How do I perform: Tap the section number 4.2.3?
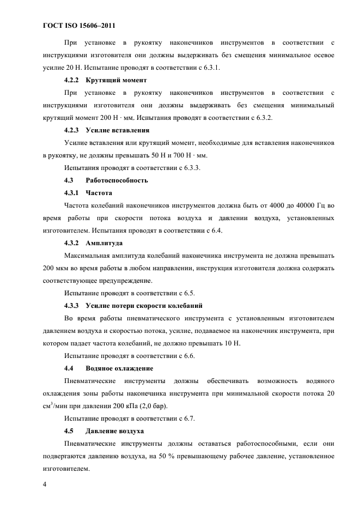(x=72, y=130)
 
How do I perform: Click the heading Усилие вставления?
(x=118, y=130)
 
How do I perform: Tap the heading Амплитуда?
(x=104, y=243)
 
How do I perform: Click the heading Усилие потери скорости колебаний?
(x=144, y=306)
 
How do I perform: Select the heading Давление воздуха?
(x=114, y=431)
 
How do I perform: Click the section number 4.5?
(x=69, y=431)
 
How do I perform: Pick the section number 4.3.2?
(x=72, y=243)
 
